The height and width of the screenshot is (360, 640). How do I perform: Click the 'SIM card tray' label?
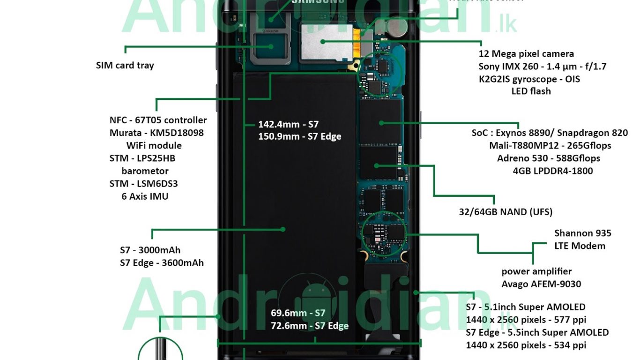tap(125, 65)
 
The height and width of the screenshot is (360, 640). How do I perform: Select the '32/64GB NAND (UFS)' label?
tap(506, 212)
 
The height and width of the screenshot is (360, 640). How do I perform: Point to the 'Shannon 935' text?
tap(582, 233)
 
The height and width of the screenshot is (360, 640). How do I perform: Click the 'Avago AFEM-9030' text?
tap(541, 284)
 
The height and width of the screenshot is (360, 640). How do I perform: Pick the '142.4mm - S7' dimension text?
tap(288, 124)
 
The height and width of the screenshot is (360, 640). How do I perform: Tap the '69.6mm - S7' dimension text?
tap(298, 313)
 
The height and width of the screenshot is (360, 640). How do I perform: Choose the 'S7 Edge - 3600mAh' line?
tap(162, 262)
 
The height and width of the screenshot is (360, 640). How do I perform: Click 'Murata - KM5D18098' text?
tap(156, 133)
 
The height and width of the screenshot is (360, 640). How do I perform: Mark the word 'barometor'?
tap(145, 171)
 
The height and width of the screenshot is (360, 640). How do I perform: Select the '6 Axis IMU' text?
tap(145, 196)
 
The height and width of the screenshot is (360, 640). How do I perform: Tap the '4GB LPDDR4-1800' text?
tap(553, 171)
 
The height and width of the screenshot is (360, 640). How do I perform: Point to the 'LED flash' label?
tap(531, 91)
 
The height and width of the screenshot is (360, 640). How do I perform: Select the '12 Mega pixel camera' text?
tap(526, 54)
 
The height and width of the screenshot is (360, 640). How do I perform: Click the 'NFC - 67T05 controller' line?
tap(158, 120)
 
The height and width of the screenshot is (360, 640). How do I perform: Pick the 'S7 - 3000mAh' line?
tap(150, 250)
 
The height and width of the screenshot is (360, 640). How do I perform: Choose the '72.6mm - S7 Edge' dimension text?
tap(309, 326)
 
